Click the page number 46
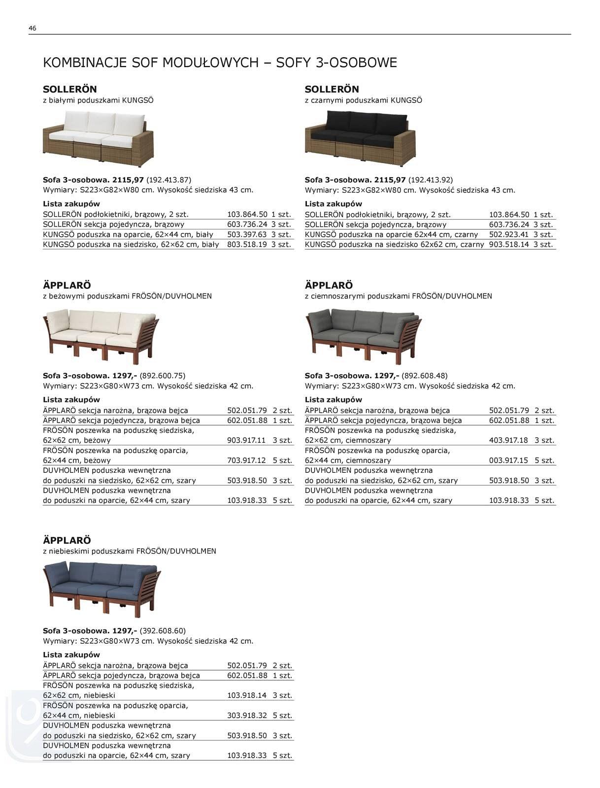point(33,28)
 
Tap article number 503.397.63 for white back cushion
point(247,234)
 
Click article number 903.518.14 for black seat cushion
point(509,244)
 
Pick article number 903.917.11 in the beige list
point(246,440)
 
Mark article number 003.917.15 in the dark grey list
point(508,460)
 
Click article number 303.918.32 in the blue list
point(247,715)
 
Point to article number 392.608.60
point(163,630)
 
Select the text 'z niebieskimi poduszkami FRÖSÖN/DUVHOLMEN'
point(130,551)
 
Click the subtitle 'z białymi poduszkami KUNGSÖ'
point(99,100)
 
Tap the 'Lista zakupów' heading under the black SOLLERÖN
point(333,204)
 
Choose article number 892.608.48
point(425,375)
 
